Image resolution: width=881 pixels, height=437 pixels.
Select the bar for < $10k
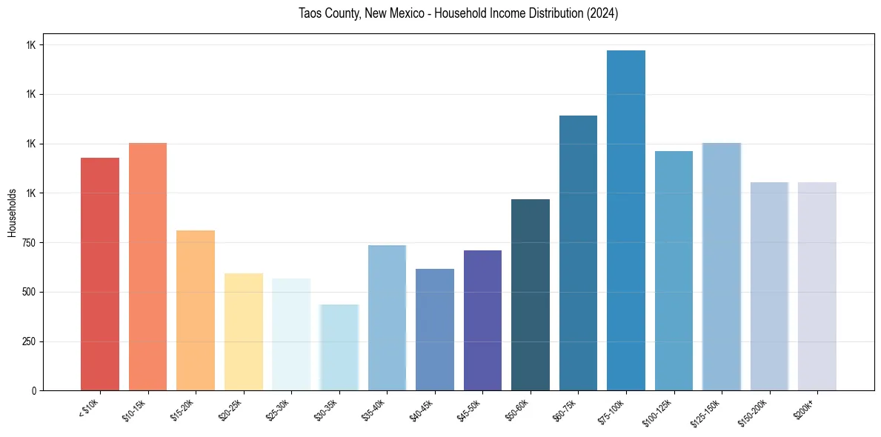pos(100,274)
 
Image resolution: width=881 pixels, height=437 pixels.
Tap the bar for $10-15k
pos(147,267)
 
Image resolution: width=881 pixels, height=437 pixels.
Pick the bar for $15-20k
pos(196,310)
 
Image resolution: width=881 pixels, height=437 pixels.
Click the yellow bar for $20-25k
pos(244,332)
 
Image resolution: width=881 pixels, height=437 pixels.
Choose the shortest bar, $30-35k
pos(339,347)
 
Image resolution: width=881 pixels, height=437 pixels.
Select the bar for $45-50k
pos(482,321)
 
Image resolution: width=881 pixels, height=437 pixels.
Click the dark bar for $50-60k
pos(531,295)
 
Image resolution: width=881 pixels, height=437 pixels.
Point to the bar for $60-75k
pos(578,253)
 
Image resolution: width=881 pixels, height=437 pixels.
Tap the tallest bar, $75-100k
pos(626,221)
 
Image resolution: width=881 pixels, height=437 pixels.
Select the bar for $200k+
pos(817,287)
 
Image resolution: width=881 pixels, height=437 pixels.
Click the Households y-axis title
pos(12,213)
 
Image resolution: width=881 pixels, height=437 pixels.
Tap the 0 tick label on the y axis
pos(33,391)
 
